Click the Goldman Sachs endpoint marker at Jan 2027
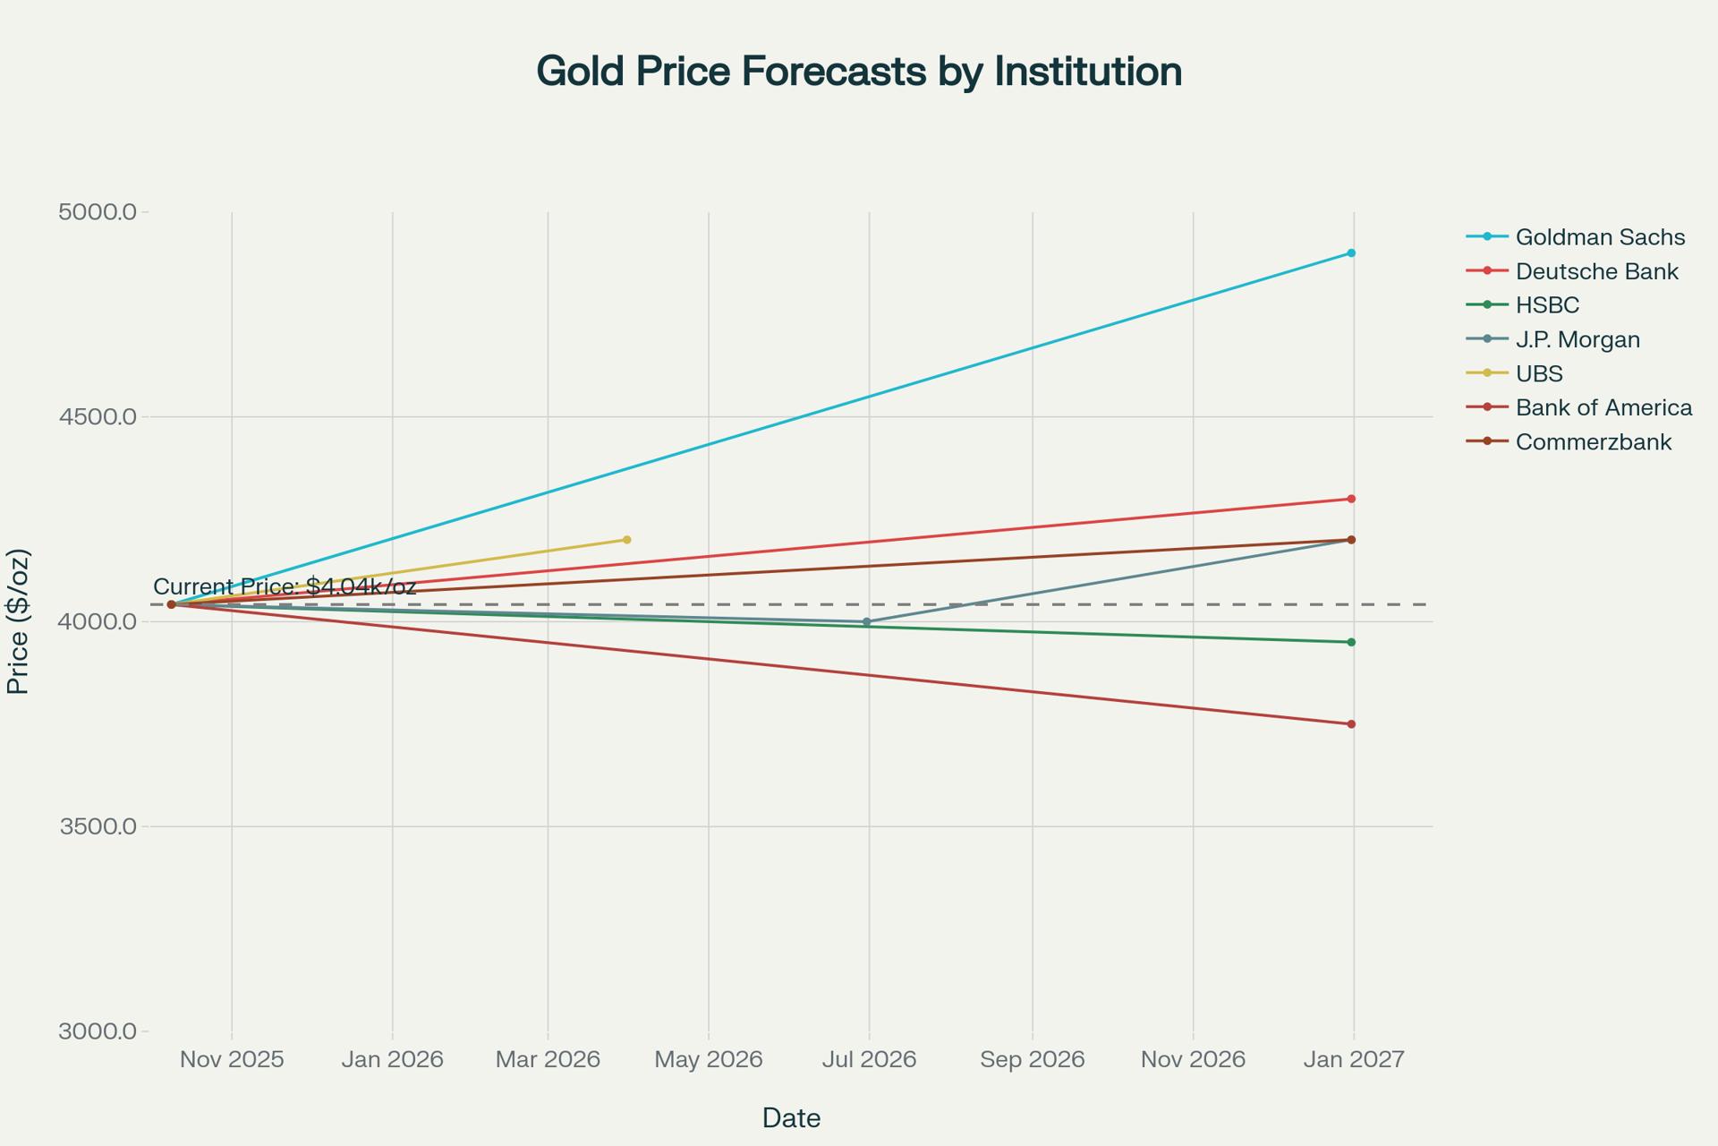[x=1351, y=253]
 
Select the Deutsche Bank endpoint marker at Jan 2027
[x=1351, y=499]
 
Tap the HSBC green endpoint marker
[x=1351, y=642]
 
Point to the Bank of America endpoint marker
[x=1351, y=724]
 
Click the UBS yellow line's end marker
[x=626, y=540]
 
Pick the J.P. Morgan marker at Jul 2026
[x=866, y=621]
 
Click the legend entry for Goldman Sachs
[x=1600, y=237]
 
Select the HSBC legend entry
[x=1547, y=305]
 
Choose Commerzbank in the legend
[x=1593, y=442]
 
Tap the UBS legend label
[x=1539, y=374]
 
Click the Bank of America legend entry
[x=1603, y=408]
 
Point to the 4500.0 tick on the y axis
[x=98, y=417]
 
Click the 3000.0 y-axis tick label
[x=98, y=1031]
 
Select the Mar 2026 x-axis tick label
[x=548, y=1060]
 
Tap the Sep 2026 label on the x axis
[x=1032, y=1060]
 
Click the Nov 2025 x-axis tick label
[x=232, y=1060]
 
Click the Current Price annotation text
[x=285, y=587]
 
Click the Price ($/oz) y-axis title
[x=18, y=621]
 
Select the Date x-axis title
[x=791, y=1118]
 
